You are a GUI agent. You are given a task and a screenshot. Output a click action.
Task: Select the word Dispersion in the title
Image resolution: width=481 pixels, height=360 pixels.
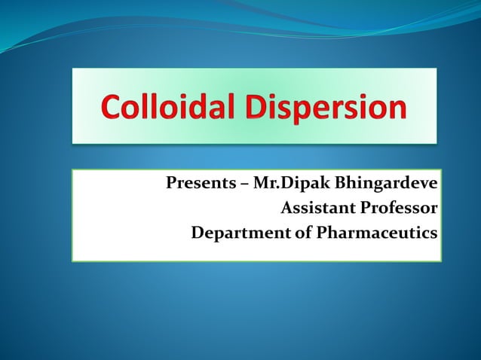[x=336, y=107]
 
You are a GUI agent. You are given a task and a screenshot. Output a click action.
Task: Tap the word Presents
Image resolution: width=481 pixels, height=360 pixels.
[x=193, y=184]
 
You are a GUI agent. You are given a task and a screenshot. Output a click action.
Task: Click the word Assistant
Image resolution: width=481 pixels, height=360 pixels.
[x=315, y=208]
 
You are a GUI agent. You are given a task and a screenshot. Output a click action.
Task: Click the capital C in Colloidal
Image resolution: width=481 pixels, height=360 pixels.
[x=112, y=107]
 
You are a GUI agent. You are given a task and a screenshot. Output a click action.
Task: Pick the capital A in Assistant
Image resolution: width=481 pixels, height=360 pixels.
[x=285, y=208]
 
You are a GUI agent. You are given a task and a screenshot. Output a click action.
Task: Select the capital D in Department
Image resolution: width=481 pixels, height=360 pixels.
[x=198, y=233]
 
